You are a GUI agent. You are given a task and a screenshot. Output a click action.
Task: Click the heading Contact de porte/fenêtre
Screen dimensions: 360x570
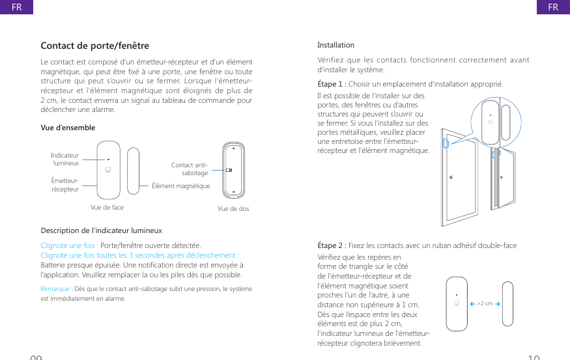pyautogui.click(x=94, y=46)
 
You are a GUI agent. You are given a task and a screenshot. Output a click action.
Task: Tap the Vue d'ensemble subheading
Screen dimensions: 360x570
pyautogui.click(x=68, y=128)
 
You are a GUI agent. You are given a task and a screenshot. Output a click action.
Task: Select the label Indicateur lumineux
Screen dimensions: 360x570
pyautogui.click(x=65, y=159)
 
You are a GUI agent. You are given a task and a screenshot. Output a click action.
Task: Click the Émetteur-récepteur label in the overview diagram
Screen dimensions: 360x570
pyautogui.click(x=65, y=185)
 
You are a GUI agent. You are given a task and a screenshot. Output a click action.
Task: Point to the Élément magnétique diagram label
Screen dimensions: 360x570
pyautogui.click(x=180, y=186)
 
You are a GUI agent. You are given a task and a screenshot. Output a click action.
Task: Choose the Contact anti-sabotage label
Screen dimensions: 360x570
pyautogui.click(x=190, y=169)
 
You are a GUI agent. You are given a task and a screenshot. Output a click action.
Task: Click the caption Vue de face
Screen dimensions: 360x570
pyautogui.click(x=107, y=208)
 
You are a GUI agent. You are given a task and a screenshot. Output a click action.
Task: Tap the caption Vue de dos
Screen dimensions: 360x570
pyautogui.click(x=233, y=209)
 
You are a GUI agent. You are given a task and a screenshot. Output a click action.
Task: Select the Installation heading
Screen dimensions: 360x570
pyautogui.click(x=335, y=45)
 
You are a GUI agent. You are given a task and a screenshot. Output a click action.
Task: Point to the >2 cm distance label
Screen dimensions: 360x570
pyautogui.click(x=485, y=303)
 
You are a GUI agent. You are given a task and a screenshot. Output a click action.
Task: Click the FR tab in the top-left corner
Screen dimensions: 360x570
pyautogui.click(x=11, y=7)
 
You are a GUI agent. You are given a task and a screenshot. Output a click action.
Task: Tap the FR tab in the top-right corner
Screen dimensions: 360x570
pyautogui.click(x=553, y=7)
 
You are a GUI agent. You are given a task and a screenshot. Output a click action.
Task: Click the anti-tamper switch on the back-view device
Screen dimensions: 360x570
pyautogui.click(x=229, y=171)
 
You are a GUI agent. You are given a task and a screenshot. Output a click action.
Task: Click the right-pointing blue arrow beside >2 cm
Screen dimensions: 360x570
pyautogui.click(x=497, y=303)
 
